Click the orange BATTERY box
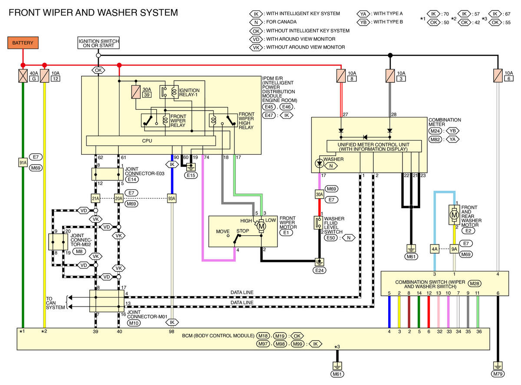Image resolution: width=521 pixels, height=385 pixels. (x=23, y=43)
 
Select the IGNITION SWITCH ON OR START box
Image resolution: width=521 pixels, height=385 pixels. (x=98, y=43)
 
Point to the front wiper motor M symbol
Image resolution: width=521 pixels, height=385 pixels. (x=261, y=226)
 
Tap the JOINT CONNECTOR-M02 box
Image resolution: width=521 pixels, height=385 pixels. (x=58, y=242)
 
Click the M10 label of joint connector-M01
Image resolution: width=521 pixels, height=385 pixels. (x=133, y=323)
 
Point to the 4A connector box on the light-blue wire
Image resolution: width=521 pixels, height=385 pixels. (x=435, y=249)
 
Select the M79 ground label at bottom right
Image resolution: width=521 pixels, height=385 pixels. (x=498, y=374)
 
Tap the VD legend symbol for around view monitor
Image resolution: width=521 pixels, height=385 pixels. (x=256, y=39)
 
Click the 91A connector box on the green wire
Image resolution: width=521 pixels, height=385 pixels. (x=23, y=163)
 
